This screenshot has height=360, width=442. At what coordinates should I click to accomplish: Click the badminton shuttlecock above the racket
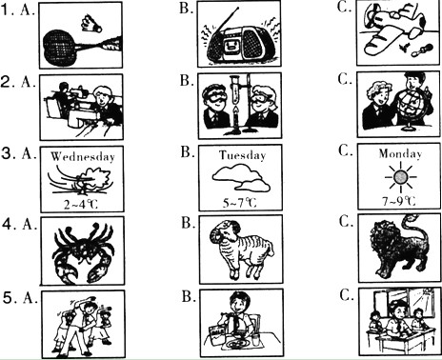(90, 24)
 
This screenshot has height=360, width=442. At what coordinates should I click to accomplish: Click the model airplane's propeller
(372, 16)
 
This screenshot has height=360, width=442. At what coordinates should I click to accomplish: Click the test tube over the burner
(235, 90)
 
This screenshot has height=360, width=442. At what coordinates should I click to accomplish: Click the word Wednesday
(83, 156)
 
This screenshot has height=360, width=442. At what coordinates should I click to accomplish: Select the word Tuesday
(242, 155)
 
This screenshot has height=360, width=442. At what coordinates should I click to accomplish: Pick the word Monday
(400, 154)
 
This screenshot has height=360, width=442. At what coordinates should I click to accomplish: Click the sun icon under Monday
(400, 177)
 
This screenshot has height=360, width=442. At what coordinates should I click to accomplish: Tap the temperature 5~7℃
(239, 203)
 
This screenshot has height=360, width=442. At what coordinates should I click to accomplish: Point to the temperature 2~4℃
(81, 204)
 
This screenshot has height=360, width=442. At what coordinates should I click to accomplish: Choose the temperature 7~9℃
(399, 201)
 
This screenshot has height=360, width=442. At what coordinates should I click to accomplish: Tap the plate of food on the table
(236, 344)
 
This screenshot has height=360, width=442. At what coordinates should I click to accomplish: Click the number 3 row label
(9, 154)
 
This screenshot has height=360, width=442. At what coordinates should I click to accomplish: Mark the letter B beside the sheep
(186, 223)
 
